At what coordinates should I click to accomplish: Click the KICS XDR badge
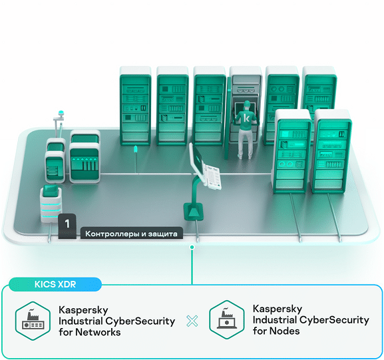[x=55, y=284]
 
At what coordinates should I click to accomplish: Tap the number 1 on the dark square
[x=67, y=224]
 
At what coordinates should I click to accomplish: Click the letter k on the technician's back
[x=247, y=118]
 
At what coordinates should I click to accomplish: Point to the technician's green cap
[x=247, y=103]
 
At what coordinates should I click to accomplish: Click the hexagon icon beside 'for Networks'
[x=33, y=321]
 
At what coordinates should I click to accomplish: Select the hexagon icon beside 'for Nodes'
[x=227, y=319]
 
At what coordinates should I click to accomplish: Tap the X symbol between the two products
[x=192, y=321]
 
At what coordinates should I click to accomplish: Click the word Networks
[x=98, y=332]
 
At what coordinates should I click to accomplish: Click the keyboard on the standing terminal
[x=214, y=177]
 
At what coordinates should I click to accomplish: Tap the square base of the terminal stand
[x=194, y=212]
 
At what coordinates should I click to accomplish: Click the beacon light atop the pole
[x=61, y=113]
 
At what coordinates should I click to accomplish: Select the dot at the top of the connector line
[x=192, y=247]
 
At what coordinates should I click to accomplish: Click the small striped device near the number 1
[x=51, y=204]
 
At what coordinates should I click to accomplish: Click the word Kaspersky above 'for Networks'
[x=83, y=311]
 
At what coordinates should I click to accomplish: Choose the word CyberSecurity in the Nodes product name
[x=334, y=320]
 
